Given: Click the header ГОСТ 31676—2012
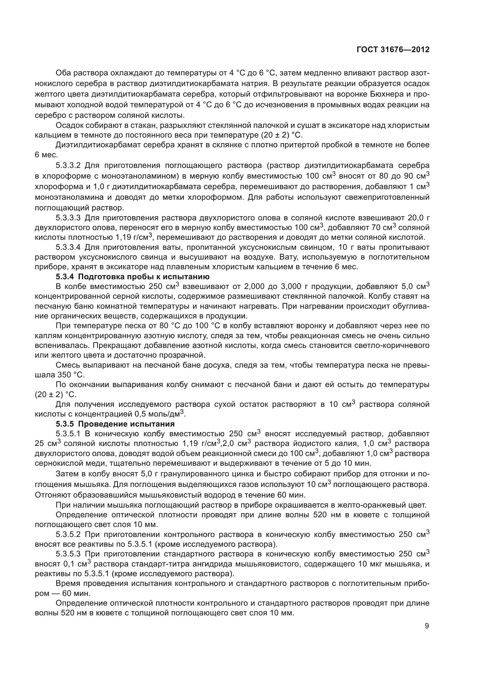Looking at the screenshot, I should [393, 50].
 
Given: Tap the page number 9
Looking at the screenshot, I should [427, 626].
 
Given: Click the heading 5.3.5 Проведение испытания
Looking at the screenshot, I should [115, 424].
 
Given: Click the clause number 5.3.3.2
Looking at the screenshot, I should [68, 165].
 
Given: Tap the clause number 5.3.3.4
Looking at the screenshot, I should [68, 247].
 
